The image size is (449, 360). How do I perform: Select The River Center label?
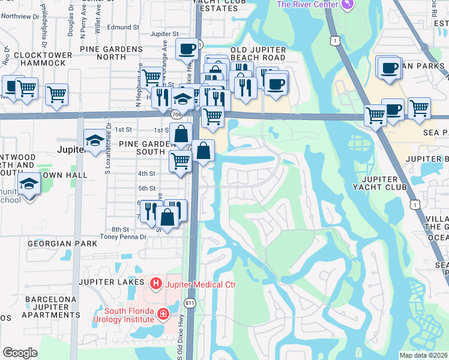pos(306,5)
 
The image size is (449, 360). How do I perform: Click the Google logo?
pos(20,353)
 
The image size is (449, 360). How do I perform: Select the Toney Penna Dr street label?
pos(123,237)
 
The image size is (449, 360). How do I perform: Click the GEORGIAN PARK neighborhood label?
pos(62,244)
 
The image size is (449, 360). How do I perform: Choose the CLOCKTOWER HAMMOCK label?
pos(43,59)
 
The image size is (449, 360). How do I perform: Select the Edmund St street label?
pos(123,28)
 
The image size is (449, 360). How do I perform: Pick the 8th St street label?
pos(120,230)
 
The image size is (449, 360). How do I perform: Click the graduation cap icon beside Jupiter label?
pos(94,141)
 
